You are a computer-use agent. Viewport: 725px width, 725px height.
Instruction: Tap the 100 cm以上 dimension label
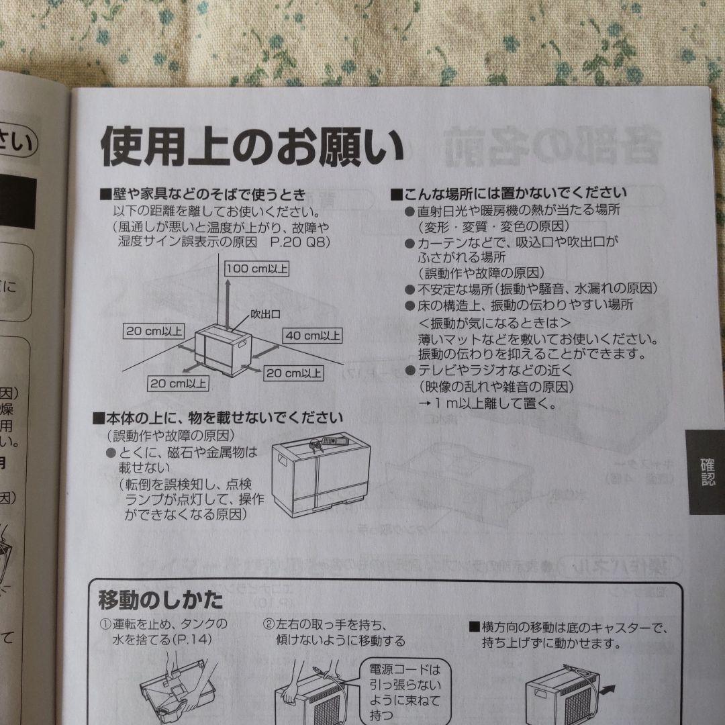tap(256, 269)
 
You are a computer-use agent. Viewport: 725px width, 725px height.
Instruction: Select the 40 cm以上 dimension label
tap(313, 335)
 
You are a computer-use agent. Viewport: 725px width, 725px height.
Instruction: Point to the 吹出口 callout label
tap(265, 313)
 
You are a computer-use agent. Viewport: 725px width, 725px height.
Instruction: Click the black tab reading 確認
tap(707, 472)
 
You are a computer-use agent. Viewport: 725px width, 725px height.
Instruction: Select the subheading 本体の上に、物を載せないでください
tap(218, 420)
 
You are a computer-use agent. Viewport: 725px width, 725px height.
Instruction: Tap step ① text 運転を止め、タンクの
tap(164, 625)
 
